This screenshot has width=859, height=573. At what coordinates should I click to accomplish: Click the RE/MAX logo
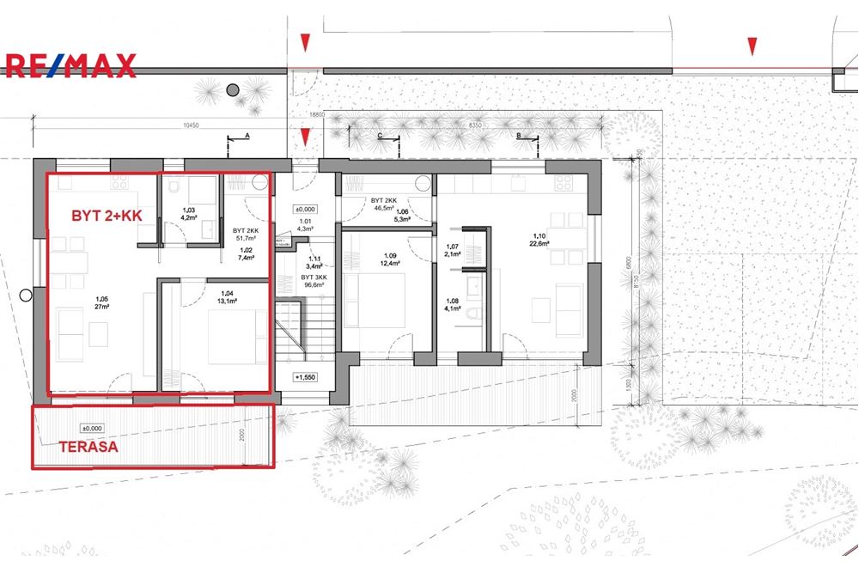(70, 65)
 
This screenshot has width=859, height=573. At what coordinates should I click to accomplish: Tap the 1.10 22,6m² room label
(539, 240)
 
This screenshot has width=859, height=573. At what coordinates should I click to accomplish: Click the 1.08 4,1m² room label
(453, 305)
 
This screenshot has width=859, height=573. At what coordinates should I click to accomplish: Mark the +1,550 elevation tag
(306, 376)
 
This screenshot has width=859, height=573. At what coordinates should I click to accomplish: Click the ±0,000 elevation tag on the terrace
(91, 428)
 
